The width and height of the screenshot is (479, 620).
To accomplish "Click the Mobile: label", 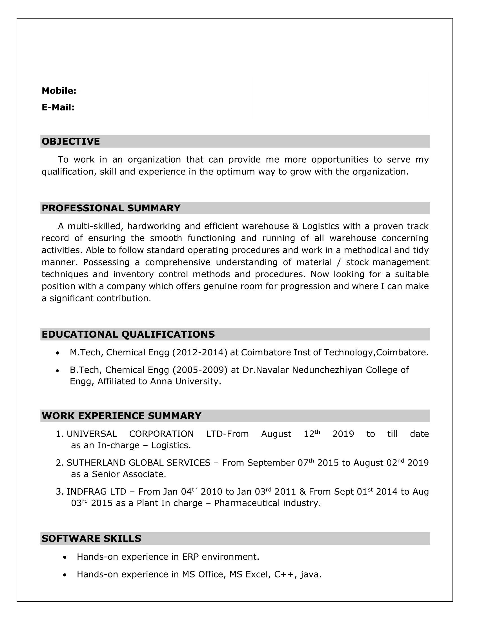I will (x=59, y=91).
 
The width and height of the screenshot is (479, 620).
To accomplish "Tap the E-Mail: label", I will (x=58, y=107).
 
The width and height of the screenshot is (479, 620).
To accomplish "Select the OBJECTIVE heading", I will (x=71, y=141).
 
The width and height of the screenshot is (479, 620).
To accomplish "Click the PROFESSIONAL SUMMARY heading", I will (x=111, y=208).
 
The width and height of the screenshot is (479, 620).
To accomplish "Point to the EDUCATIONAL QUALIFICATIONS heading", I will (x=128, y=335).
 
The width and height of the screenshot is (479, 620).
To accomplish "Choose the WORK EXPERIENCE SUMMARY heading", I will (x=121, y=416).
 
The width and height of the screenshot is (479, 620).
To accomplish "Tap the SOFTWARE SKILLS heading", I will (x=91, y=539).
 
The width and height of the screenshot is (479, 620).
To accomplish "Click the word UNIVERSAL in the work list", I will (x=92, y=434).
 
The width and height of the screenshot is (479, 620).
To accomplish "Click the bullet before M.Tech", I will (x=58, y=353).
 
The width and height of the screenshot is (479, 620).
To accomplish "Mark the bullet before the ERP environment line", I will (x=65, y=557).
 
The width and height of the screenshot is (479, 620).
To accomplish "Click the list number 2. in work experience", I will (x=59, y=463).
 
